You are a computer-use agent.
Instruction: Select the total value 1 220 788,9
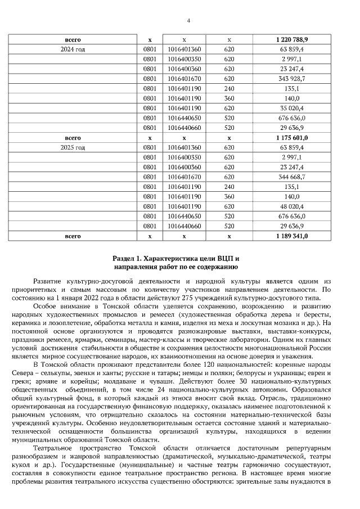(292, 40)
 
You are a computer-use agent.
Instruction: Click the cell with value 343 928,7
(292, 79)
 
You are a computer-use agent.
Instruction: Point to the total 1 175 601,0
(292, 138)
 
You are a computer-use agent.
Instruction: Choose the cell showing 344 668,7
(292, 177)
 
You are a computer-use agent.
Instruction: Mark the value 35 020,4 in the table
(292, 108)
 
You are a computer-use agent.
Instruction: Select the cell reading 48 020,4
(292, 206)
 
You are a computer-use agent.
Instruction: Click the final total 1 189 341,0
(292, 236)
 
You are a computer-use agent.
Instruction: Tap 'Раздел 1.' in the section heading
(130, 257)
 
